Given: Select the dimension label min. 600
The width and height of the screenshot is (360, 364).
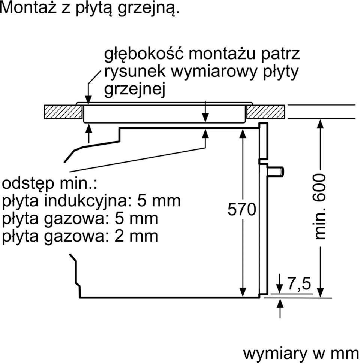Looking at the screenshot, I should point(321,206).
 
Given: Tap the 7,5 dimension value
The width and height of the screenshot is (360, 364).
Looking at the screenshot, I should point(300,284).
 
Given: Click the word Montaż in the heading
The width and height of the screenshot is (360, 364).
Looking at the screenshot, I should point(27,8).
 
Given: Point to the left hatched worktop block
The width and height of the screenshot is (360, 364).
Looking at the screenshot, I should point(63,112).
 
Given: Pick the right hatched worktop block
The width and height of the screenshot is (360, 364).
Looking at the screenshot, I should point(265,112).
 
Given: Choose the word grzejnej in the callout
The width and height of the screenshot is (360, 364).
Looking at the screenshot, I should point(135,90).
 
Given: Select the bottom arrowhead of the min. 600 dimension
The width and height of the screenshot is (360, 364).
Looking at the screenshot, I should point(320,292).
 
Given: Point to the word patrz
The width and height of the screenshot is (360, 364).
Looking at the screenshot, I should point(281,54).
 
